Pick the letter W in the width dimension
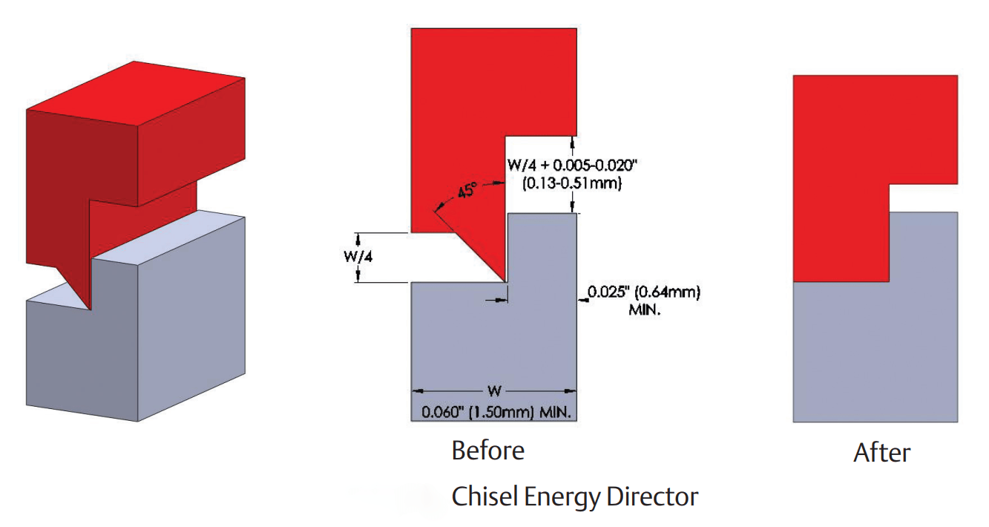(x=494, y=391)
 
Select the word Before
(x=487, y=451)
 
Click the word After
(x=881, y=452)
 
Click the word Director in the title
(x=652, y=496)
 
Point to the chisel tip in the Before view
(x=505, y=281)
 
